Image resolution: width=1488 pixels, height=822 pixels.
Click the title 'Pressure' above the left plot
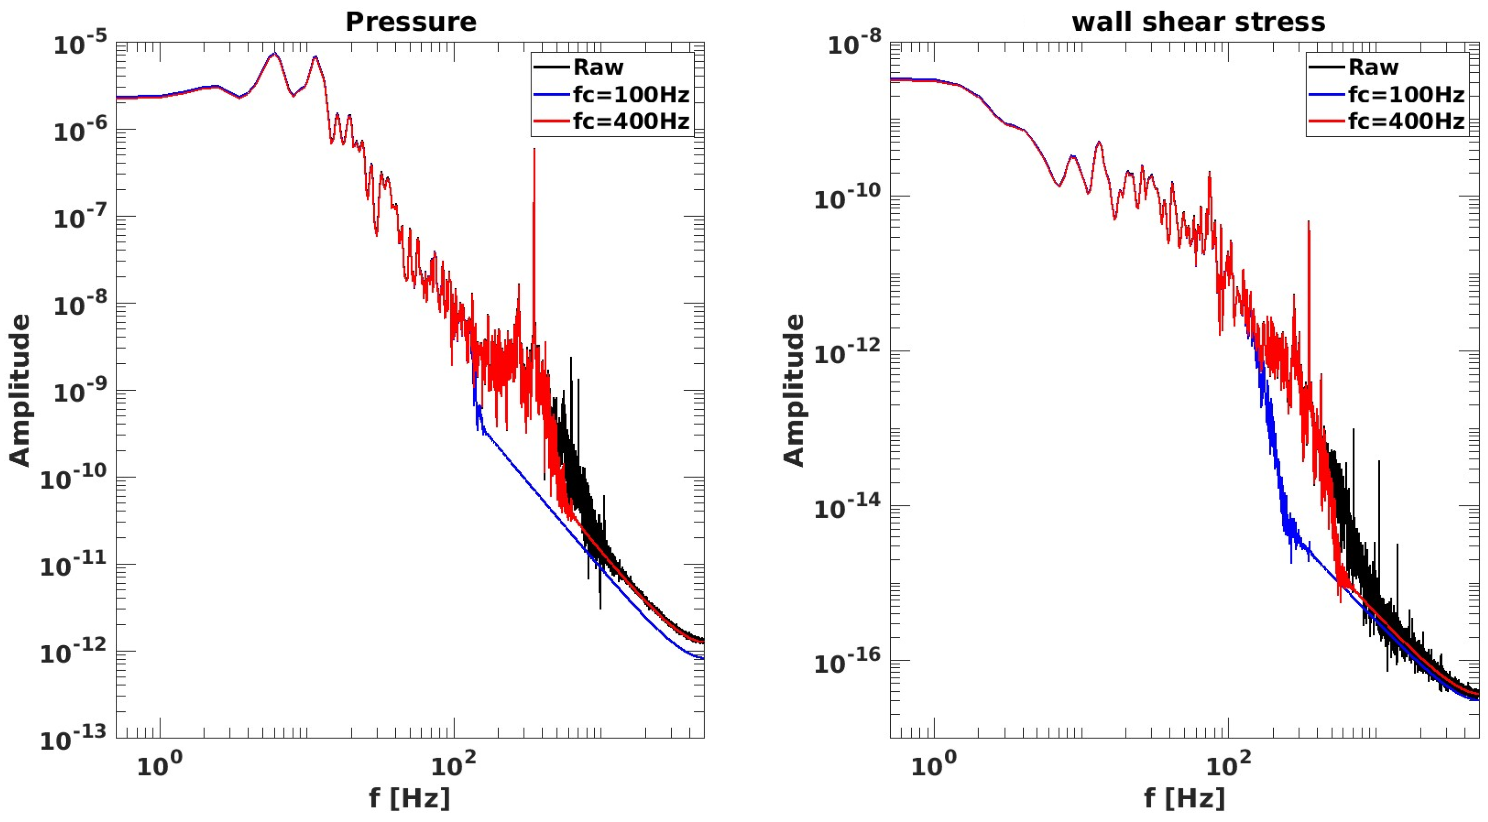click(x=411, y=22)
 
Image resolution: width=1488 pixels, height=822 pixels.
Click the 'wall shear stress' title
click(x=1199, y=22)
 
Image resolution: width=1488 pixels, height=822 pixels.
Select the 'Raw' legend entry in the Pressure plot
click(x=598, y=68)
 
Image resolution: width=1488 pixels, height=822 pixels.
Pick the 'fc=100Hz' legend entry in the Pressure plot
click(x=631, y=94)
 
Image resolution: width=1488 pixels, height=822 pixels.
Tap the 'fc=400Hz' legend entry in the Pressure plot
click(x=631, y=121)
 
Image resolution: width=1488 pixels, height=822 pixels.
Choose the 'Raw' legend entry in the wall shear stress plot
click(x=1373, y=68)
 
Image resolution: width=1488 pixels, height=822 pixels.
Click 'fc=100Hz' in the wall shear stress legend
click(x=1406, y=94)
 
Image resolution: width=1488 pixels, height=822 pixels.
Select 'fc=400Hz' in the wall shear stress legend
click(x=1406, y=121)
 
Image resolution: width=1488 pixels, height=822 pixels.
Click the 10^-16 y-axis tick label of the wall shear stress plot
click(x=847, y=662)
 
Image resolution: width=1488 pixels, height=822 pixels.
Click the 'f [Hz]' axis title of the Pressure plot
click(x=410, y=798)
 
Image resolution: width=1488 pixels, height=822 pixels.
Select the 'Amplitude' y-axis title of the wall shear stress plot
click(x=794, y=390)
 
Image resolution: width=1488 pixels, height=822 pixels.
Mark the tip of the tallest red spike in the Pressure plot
click(x=534, y=150)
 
